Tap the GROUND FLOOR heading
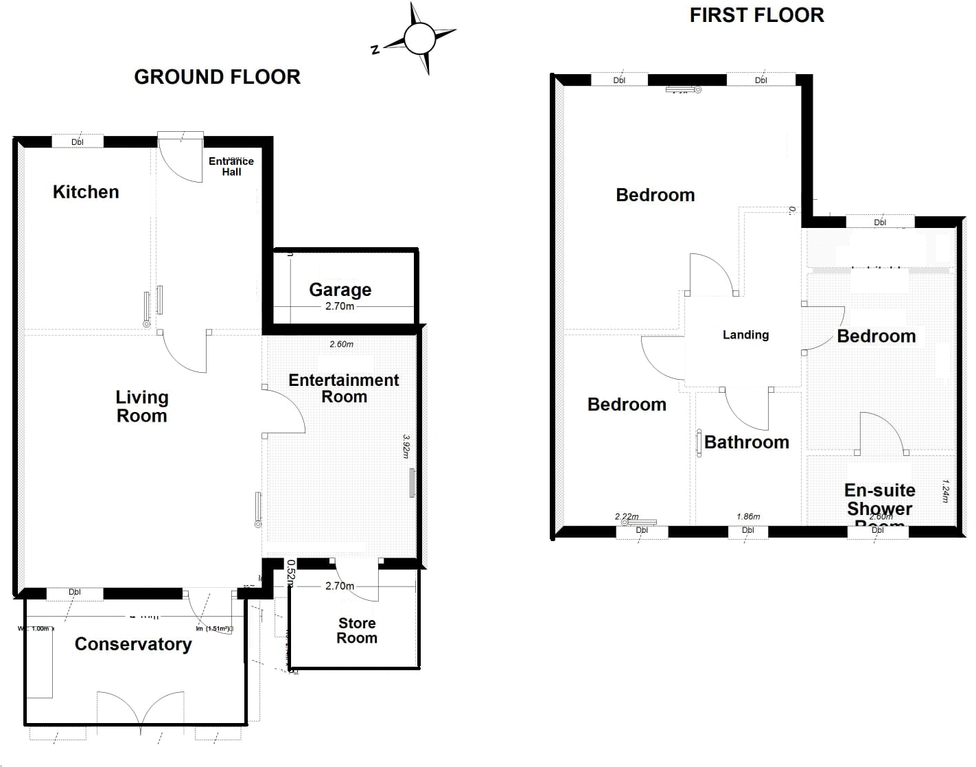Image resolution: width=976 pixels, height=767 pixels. tap(217, 77)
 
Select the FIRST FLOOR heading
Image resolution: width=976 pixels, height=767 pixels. tap(756, 15)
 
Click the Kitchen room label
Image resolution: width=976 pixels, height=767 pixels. tap(86, 192)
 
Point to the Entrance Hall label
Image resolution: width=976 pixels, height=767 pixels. tap(231, 166)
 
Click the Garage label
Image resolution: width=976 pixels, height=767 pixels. tap(340, 290)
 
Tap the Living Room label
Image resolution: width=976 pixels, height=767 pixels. tap(141, 407)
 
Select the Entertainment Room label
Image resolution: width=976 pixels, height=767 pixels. tap(343, 389)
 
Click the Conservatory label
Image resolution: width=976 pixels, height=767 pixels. tap(133, 644)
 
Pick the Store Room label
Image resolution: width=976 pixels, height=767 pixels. tap(357, 630)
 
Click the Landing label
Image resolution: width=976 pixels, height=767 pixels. tap(745, 335)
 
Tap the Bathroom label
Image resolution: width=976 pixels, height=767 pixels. tap(747, 442)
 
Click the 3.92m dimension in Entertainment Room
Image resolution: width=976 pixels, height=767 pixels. tap(406, 446)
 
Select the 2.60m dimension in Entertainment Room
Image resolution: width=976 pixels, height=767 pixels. tap(341, 344)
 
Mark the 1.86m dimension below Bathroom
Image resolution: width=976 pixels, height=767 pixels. tap(748, 516)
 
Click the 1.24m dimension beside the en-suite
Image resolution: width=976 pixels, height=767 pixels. tap(945, 490)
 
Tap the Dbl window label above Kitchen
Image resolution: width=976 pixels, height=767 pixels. tap(78, 142)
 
